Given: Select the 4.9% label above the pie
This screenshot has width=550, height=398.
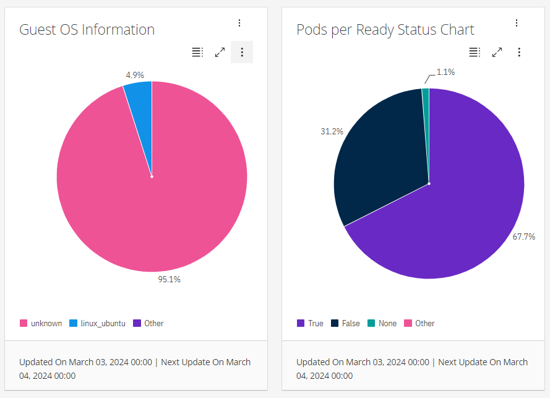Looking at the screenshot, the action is coord(135,75).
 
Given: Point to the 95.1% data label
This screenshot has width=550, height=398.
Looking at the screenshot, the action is coord(169,279).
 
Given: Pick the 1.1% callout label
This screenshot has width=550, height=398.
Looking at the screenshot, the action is coord(445,72).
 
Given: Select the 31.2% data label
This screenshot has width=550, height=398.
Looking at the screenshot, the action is coord(332,131).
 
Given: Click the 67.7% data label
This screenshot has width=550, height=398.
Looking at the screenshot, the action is coord(523,236).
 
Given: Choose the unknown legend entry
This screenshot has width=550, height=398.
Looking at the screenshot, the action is coord(41,323).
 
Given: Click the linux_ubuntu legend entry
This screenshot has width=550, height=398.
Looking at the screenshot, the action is coord(98,323).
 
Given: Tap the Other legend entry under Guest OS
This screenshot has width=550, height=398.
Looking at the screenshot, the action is coord(148,323).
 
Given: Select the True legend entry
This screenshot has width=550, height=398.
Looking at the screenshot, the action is coord(310,323).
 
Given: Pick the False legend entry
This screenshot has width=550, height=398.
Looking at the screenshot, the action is coord(345,323).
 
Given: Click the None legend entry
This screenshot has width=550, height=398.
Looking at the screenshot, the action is coord(382,323).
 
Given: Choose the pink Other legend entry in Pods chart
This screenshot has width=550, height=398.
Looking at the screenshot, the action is coord(419,323).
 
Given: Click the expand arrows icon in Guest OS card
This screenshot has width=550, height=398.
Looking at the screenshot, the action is coord(220,52).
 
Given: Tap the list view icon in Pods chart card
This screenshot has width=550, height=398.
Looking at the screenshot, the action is coord(475,52).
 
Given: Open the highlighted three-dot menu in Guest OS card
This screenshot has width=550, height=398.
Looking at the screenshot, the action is coord(242,52).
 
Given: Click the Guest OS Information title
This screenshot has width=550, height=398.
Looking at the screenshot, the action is coord(87,30).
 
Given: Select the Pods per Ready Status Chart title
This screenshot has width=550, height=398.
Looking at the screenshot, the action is coord(385,30).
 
